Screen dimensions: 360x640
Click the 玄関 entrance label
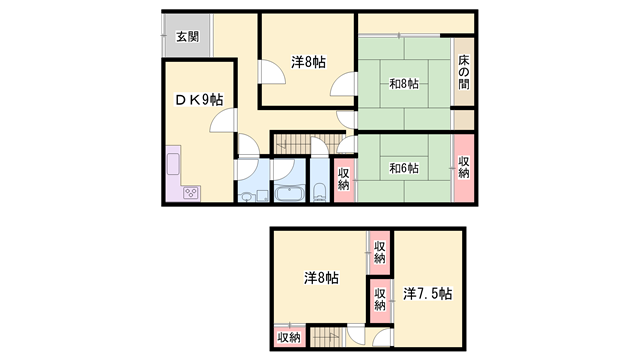click(187, 37)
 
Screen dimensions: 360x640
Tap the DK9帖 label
click(199, 99)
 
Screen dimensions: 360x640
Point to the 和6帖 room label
click(404, 167)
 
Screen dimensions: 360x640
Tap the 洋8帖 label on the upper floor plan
click(321, 277)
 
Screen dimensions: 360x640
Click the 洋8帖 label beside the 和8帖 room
click(308, 62)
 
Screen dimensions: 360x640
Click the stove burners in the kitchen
click(190, 193)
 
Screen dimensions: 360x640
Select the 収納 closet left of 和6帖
click(343, 179)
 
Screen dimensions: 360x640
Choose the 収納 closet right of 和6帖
click(464, 167)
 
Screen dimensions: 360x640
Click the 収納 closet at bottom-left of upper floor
click(288, 338)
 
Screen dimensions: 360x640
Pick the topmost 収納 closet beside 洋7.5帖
click(380, 252)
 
